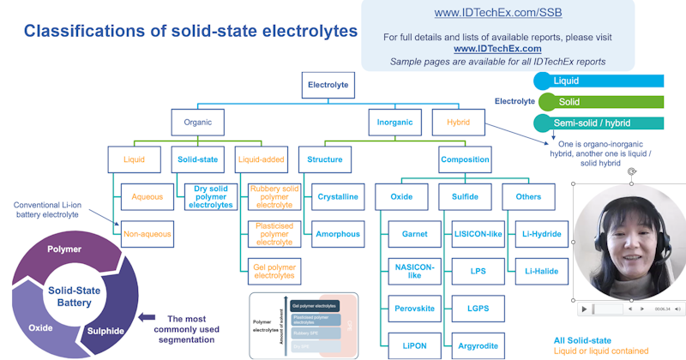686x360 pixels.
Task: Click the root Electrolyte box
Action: (x=328, y=85)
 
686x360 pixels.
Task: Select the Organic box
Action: (x=197, y=122)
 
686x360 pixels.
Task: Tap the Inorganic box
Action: (x=394, y=122)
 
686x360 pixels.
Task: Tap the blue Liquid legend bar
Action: (x=600, y=81)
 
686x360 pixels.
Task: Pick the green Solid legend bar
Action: (x=600, y=102)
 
